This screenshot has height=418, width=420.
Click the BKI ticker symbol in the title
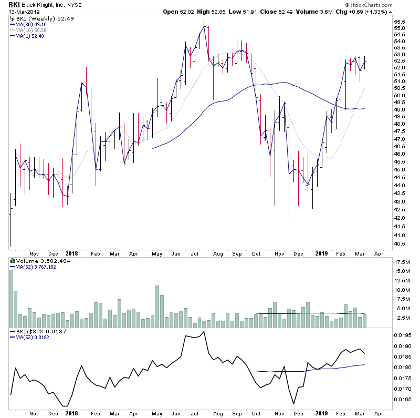pyautogui.click(x=14, y=5)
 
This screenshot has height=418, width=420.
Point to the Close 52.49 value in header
pyautogui.click(x=287, y=12)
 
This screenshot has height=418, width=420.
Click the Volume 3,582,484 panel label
pyautogui.click(x=37, y=261)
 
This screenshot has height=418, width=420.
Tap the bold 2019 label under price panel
pyautogui.click(x=321, y=253)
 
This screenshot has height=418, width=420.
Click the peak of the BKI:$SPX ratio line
pyautogui.click(x=203, y=332)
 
